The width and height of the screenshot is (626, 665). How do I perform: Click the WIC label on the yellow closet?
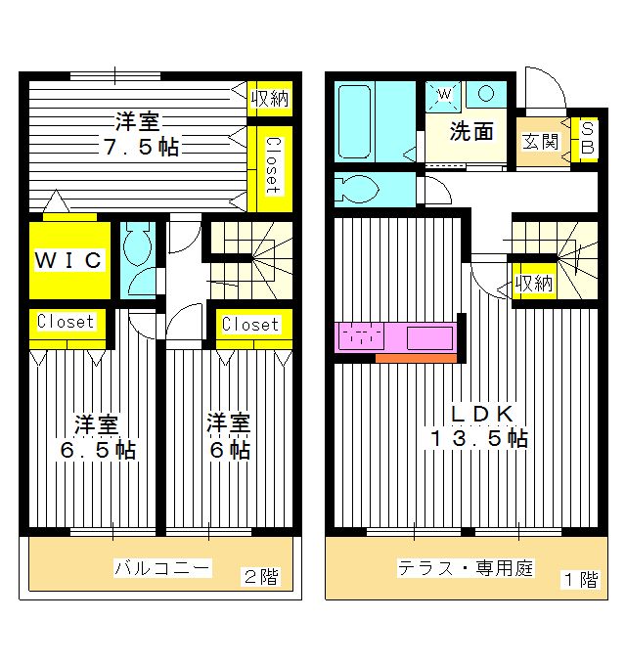point(69,260)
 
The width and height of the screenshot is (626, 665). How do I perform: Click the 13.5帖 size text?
point(478,439)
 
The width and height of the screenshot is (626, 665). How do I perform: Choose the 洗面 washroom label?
point(470,132)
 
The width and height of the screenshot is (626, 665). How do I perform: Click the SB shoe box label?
point(587,138)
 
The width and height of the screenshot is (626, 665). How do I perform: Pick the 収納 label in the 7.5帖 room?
point(269,98)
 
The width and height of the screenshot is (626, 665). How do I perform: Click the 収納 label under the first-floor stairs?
point(534,285)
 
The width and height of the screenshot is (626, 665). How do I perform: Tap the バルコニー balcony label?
point(162,568)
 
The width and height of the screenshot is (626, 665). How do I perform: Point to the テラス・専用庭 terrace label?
point(465,568)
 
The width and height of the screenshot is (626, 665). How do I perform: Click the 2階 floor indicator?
point(258,578)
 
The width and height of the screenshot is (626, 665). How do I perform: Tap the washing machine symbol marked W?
point(443,95)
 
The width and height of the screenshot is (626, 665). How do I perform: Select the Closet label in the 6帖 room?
point(249,325)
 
